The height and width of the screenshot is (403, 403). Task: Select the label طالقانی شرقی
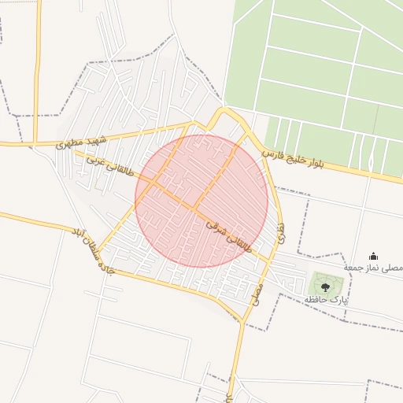click(x=230, y=235)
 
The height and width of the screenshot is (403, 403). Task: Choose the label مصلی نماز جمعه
click(x=374, y=268)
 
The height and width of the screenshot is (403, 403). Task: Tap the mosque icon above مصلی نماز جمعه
click(x=373, y=256)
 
